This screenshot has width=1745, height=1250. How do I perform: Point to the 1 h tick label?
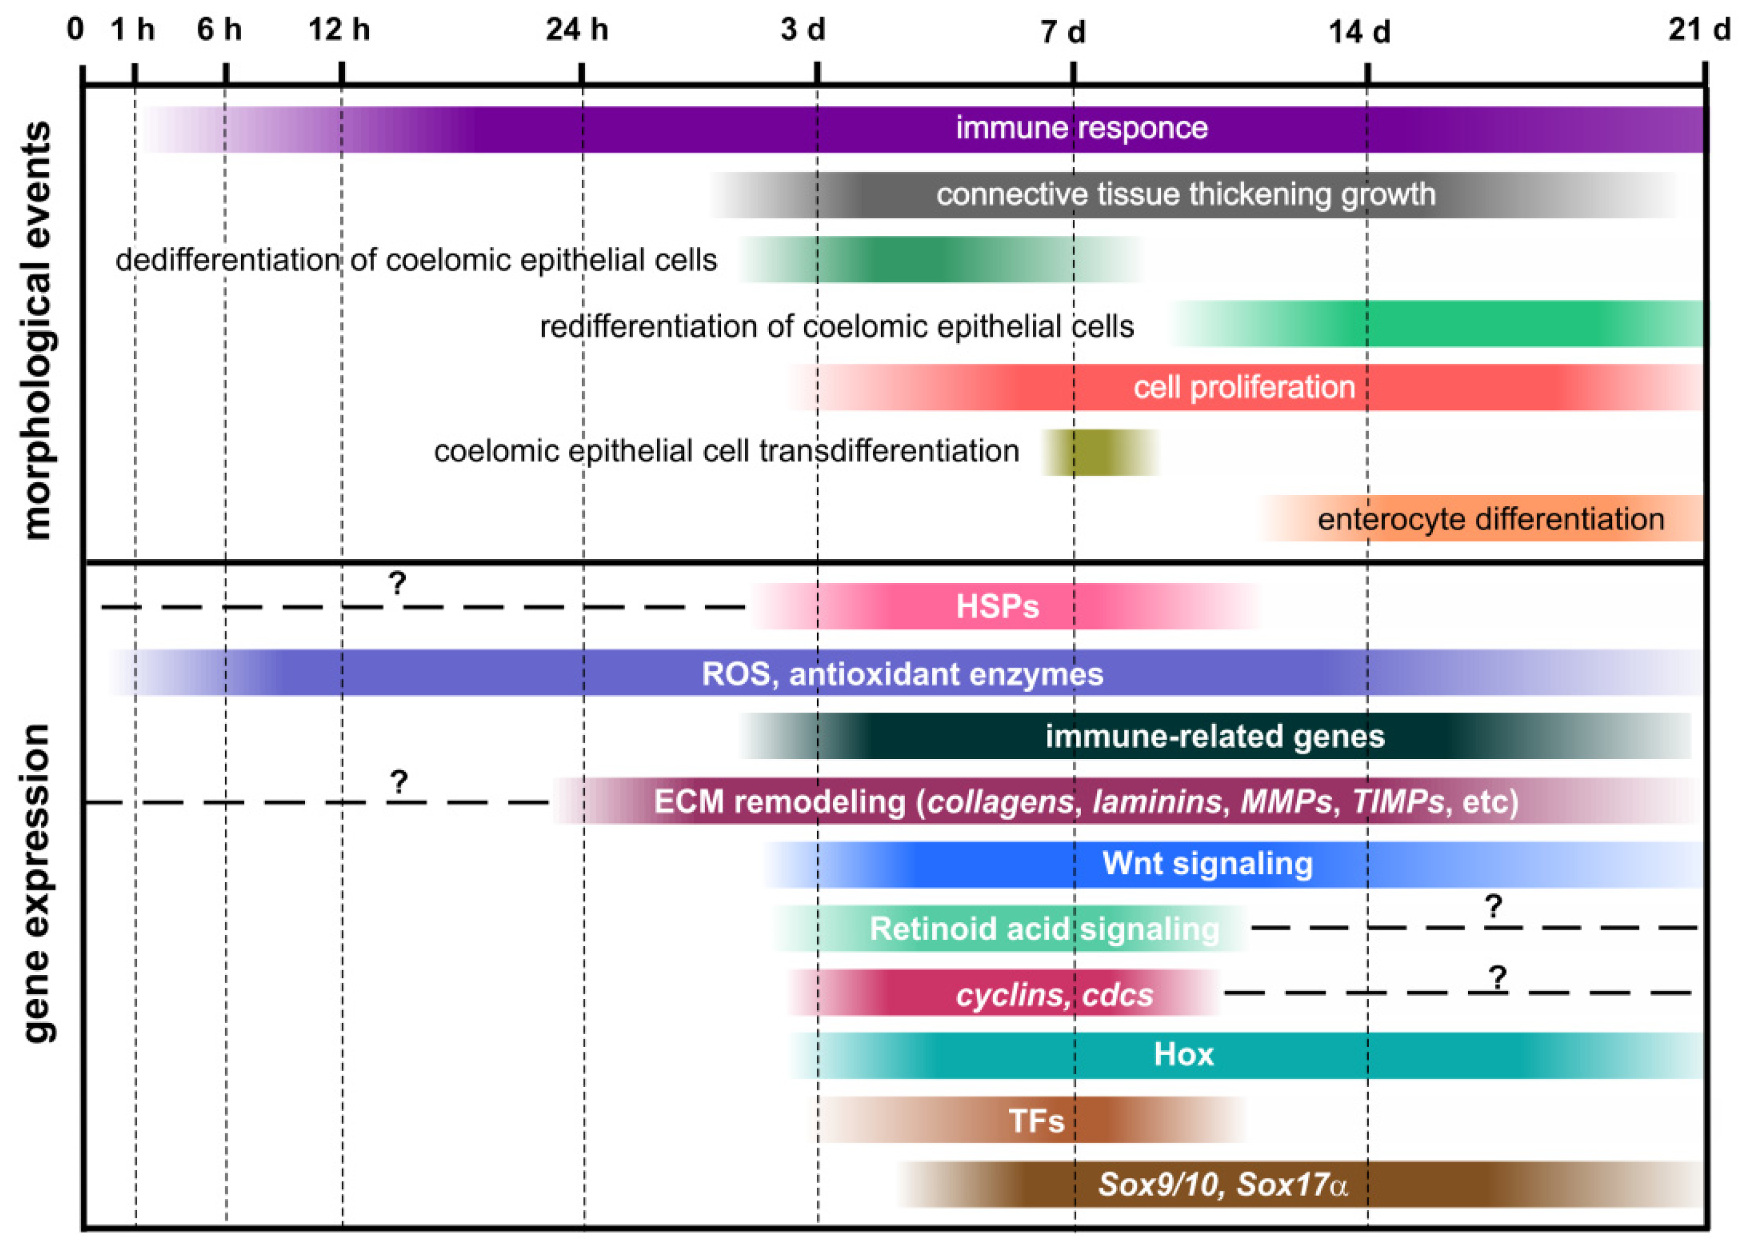coord(133,30)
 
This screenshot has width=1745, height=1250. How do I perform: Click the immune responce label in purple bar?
coord(1081,128)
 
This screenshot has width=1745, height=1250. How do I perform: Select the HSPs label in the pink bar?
coord(997,607)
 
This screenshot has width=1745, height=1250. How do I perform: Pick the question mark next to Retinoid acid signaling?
coord(1493,906)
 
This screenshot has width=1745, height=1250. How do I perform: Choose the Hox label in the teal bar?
coord(1183,1054)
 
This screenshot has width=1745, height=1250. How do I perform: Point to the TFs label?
coord(1036,1121)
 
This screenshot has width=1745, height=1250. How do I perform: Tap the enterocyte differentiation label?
coord(1490,519)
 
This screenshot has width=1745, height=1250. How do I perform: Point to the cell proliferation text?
coord(1243,387)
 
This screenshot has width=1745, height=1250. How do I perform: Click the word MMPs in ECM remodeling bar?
coord(1286,801)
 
